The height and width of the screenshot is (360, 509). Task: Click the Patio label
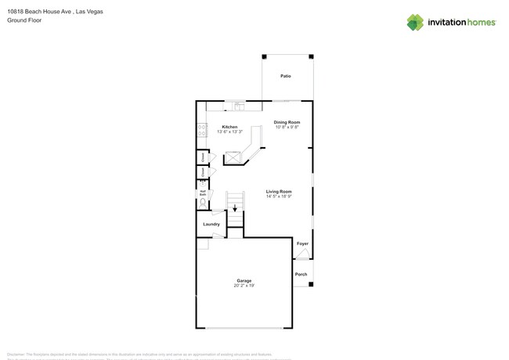click(x=286, y=76)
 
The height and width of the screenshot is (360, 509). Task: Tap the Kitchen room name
click(x=229, y=127)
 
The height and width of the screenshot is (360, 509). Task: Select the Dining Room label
click(x=287, y=122)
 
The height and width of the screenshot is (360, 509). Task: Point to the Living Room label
click(x=279, y=191)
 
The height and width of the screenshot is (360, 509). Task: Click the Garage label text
click(x=244, y=280)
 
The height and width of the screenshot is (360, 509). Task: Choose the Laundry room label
click(x=211, y=224)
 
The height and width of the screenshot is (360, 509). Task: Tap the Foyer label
click(x=302, y=243)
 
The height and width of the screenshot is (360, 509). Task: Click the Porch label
click(x=301, y=274)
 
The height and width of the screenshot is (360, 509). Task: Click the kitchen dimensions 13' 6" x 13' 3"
click(x=229, y=132)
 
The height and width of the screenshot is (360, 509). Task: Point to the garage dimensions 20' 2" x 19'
click(x=244, y=286)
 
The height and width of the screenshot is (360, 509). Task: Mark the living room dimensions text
click(x=279, y=196)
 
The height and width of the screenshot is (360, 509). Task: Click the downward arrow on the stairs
click(x=235, y=207)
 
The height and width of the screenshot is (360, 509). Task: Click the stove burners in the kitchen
click(x=201, y=131)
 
